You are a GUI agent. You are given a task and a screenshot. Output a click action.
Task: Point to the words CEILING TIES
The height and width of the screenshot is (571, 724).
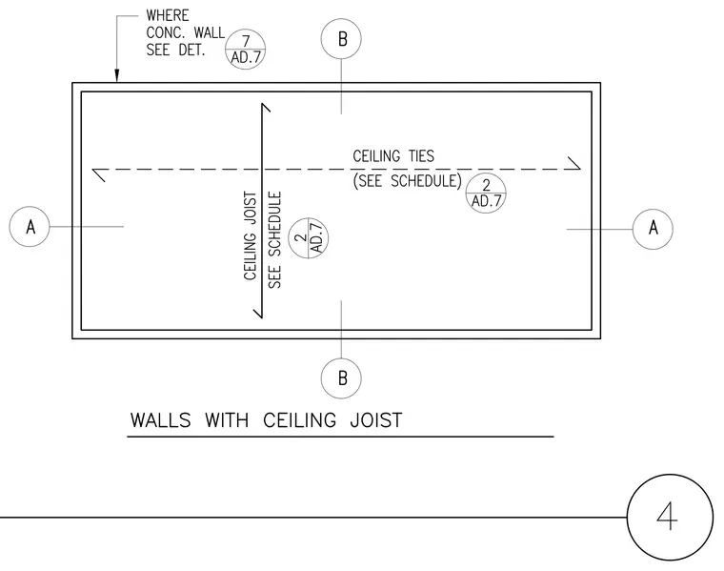(393, 156)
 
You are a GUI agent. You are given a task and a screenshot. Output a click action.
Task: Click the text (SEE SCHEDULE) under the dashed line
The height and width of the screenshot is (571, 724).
(408, 180)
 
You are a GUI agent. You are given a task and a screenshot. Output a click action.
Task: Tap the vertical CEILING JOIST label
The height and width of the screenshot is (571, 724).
(250, 235)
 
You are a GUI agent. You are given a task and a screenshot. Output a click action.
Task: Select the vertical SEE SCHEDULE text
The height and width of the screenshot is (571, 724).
(274, 240)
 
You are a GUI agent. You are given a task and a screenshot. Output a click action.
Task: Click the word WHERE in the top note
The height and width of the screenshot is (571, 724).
(168, 15)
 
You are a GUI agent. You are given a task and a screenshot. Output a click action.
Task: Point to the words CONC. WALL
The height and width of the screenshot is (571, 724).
(186, 32)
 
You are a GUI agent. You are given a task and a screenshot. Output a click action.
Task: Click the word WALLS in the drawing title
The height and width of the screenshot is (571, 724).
(160, 420)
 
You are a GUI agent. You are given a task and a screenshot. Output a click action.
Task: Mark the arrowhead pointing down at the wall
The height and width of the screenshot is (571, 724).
(117, 75)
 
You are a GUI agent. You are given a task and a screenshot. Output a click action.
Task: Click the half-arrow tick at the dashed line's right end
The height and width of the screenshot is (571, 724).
(573, 163)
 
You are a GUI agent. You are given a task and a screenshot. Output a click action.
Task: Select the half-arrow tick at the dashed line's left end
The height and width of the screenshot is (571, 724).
(99, 175)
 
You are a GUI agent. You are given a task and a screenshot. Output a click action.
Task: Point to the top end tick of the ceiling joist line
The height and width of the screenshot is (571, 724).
(266, 107)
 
